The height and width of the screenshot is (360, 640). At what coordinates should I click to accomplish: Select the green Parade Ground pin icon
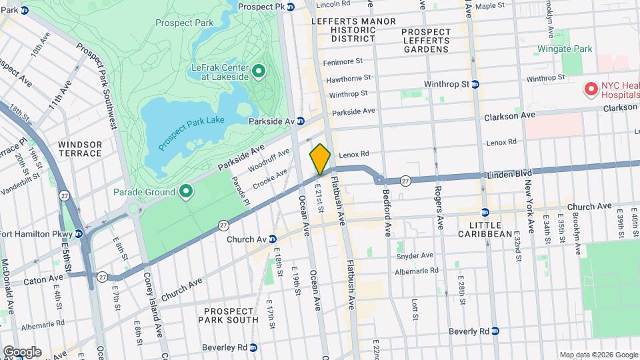tap(186, 193)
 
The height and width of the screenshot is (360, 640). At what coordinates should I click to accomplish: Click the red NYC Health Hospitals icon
tap(590, 89)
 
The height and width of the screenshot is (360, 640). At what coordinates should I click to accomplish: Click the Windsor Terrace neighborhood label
tap(80, 149)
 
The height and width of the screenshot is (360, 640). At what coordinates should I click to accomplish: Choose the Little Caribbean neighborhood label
tap(485, 228)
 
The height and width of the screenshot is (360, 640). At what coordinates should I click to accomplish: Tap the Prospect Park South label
tap(229, 315)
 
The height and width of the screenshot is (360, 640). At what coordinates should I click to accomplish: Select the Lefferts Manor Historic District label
tap(345, 30)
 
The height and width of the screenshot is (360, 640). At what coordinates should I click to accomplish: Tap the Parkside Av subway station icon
tap(301, 121)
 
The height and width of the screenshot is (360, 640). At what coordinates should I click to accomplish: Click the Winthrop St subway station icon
tap(475, 85)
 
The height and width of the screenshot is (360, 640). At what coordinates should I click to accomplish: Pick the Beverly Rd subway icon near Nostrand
tap(495, 331)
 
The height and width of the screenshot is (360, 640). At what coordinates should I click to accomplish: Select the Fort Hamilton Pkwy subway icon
tap(79, 233)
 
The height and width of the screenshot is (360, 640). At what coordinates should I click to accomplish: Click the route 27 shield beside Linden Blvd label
tap(404, 181)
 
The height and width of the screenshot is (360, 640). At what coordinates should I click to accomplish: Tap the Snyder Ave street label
tap(415, 255)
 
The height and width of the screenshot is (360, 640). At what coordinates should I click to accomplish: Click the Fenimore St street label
tap(344, 61)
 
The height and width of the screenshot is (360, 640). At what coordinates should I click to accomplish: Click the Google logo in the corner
tap(22, 351)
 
